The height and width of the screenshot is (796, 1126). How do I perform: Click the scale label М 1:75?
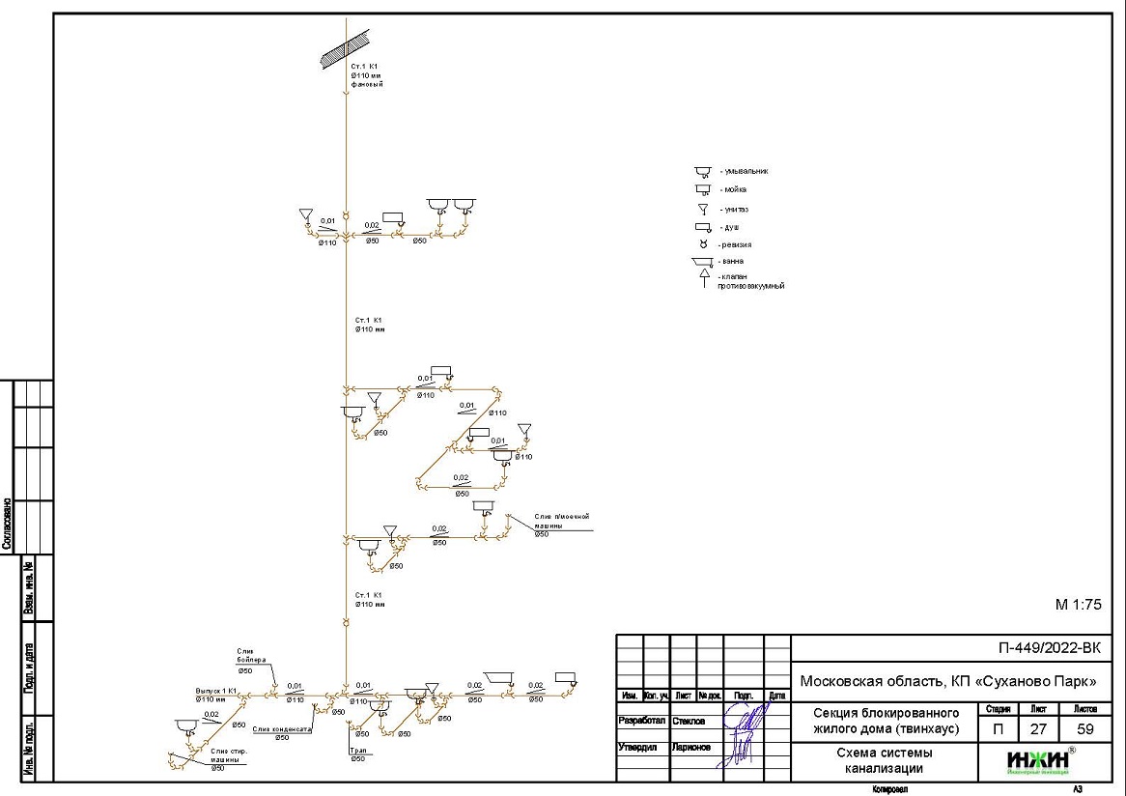(x=1078, y=606)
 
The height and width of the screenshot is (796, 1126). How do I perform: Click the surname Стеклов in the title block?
(x=690, y=721)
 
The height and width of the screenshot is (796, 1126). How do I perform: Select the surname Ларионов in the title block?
(x=691, y=747)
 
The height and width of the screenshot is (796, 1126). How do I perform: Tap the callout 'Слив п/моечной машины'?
(x=561, y=521)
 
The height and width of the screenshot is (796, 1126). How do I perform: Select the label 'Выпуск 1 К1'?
(x=216, y=692)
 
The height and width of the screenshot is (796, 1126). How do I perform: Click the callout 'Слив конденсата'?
(x=282, y=729)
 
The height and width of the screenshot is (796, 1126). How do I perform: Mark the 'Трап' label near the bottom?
(x=356, y=751)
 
